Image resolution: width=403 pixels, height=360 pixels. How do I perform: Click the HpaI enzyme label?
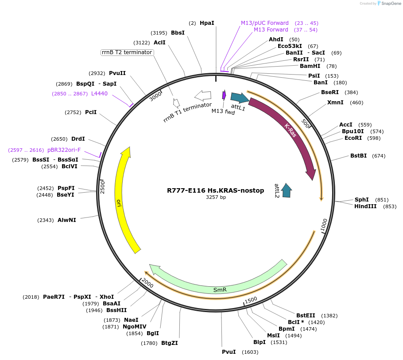[x=206, y=23]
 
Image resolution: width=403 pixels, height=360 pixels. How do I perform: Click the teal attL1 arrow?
[x=239, y=98]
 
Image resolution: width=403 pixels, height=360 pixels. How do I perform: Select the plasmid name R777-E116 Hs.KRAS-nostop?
[x=215, y=190]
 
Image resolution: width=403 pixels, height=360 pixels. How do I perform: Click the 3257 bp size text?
[x=216, y=197]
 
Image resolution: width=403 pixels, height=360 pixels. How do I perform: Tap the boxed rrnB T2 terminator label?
[x=127, y=52]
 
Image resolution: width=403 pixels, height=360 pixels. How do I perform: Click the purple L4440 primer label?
[x=99, y=94]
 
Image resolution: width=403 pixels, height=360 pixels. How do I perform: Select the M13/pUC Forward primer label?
[x=264, y=23]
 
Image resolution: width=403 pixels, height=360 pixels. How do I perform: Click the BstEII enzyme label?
[x=306, y=315]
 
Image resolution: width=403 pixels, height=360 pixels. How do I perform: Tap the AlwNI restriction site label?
[x=66, y=220]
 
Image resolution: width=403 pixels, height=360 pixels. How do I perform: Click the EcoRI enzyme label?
[x=353, y=138]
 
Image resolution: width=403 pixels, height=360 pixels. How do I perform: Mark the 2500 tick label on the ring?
[x=102, y=186]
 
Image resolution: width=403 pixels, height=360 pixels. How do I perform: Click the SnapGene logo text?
[x=390, y=4]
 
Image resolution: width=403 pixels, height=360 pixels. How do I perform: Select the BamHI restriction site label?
[x=310, y=66]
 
